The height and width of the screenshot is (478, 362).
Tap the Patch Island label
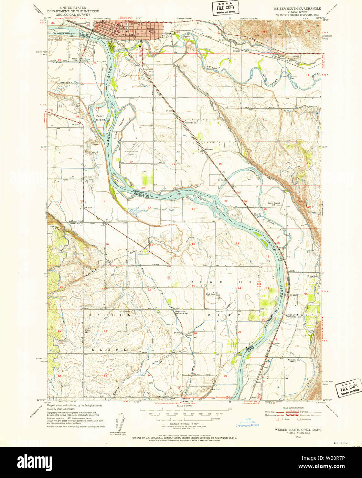click(x=100, y=118)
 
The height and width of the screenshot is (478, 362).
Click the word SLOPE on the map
click(x=109, y=349)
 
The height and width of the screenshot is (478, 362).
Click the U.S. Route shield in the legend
click(x=277, y=419)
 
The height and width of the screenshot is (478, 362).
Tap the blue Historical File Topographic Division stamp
click(x=247, y=423)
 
